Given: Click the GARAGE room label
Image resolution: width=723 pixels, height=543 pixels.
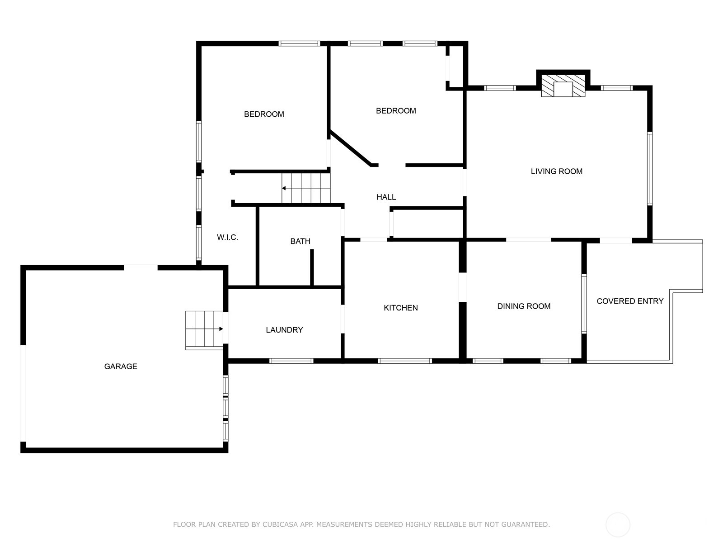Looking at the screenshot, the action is pos(121,366).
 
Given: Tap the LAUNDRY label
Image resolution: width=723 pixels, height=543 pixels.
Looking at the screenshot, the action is pos(284,330).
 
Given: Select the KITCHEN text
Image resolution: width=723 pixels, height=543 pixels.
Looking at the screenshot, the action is pos(400,308).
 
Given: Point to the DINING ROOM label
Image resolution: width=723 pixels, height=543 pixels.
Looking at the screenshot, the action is pos(524,306).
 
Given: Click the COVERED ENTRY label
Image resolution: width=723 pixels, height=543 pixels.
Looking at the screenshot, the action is pos(630,301).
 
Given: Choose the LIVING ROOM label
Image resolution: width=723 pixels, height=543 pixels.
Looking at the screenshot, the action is pos(556,171).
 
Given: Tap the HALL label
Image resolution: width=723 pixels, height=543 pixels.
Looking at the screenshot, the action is pos(386,197).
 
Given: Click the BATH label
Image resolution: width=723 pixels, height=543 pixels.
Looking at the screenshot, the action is pos(300,241).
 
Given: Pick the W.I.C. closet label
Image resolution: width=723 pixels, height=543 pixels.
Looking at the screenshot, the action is pos(227,237).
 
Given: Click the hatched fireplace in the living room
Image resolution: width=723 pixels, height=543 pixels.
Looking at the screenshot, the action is pos(563,86).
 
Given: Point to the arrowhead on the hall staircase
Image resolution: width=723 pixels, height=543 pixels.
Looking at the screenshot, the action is pos(284,188).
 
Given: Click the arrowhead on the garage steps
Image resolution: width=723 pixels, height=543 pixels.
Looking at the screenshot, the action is pos(221,329).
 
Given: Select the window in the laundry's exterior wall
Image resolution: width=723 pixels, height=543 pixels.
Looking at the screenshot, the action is pos(291,361).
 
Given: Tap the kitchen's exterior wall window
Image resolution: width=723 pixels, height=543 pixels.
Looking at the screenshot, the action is pos(404,361).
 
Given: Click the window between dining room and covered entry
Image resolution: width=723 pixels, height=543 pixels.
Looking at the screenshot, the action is pos(584,304).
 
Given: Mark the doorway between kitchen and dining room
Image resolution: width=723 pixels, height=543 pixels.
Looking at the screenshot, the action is pos(463,287).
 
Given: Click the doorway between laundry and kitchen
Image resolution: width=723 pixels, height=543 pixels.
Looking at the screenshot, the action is pos(343,319).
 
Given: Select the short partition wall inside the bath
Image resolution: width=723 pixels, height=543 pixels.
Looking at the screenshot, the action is pos(312,267).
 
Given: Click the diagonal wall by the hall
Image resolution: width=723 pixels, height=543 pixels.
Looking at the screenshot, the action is pos(351,148).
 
